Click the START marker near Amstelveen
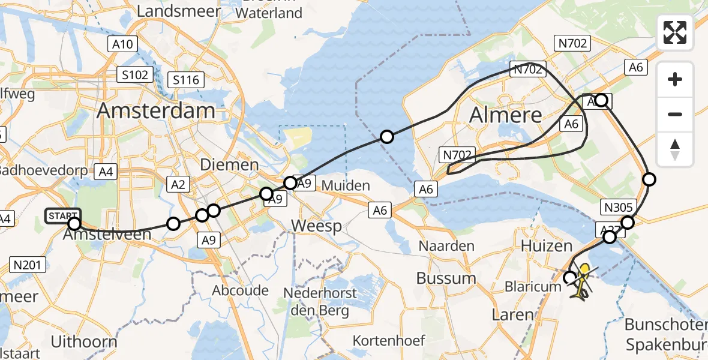[x=63, y=215]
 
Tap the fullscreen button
[x=675, y=32]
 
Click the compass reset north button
[x=675, y=149]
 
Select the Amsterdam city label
[x=155, y=111]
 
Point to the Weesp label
[x=317, y=226]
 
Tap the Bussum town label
[x=447, y=278]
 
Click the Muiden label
[x=346, y=185]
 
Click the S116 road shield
[x=187, y=79]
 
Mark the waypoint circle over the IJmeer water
[x=387, y=137]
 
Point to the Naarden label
[x=446, y=245]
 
